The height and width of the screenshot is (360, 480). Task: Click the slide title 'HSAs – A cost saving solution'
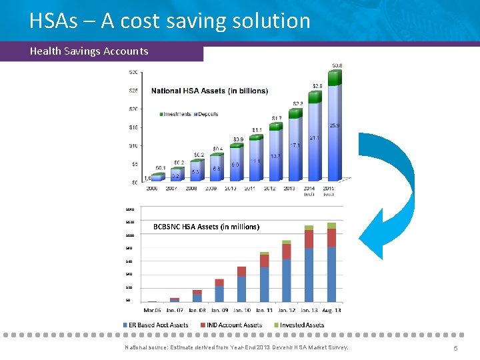[x=170, y=21]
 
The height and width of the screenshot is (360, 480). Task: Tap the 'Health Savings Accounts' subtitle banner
[x=89, y=51]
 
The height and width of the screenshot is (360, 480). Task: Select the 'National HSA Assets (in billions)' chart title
[x=209, y=91]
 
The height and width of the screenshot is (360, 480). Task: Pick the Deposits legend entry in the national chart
[x=212, y=114]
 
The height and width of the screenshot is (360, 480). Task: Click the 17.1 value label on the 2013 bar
[x=295, y=145]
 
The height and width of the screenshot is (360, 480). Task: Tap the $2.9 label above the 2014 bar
[x=318, y=87]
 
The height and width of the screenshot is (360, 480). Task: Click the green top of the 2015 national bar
[x=337, y=77]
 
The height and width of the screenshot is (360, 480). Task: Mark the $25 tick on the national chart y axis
[x=133, y=90]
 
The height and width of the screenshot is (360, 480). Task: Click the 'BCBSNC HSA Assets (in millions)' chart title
[x=206, y=227]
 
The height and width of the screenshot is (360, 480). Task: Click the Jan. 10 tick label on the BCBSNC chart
[x=241, y=310]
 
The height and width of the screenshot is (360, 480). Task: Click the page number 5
[x=455, y=349]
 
